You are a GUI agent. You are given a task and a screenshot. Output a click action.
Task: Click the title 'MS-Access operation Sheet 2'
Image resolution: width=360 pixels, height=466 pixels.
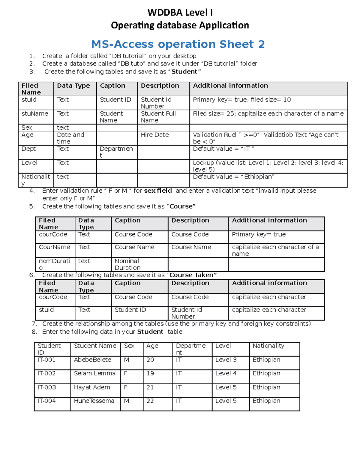[x=178, y=44]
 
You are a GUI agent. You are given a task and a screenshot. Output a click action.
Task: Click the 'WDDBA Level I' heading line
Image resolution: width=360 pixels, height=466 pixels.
[x=180, y=13]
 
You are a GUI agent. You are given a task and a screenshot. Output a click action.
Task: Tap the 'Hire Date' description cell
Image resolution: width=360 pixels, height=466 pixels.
[x=155, y=135]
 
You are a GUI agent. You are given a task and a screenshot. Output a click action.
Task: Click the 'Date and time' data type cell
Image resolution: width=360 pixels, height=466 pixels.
[x=70, y=138]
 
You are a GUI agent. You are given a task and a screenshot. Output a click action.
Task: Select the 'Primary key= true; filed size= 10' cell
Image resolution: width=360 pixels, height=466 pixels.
[x=242, y=100]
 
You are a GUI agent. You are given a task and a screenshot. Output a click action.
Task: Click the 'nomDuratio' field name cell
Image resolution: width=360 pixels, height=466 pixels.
[x=54, y=264]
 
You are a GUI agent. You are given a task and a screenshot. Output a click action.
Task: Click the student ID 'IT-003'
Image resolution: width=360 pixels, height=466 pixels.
[x=46, y=387]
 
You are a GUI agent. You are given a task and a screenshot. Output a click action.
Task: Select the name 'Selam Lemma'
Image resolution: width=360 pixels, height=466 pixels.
[x=94, y=373]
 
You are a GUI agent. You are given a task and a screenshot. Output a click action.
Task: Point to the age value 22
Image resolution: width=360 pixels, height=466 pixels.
[x=150, y=401]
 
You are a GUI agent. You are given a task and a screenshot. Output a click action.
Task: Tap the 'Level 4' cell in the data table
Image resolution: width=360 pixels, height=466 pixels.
[x=226, y=373]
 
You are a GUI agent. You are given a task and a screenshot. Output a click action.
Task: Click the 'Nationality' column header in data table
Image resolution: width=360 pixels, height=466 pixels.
[x=268, y=346]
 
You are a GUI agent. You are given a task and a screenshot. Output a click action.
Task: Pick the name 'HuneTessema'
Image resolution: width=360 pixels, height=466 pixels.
[x=94, y=401]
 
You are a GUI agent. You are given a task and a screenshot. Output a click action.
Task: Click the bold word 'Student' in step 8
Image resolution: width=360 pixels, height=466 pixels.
[x=150, y=332]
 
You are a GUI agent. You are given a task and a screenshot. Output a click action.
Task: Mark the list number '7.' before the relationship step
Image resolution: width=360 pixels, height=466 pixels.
[x=34, y=324]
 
